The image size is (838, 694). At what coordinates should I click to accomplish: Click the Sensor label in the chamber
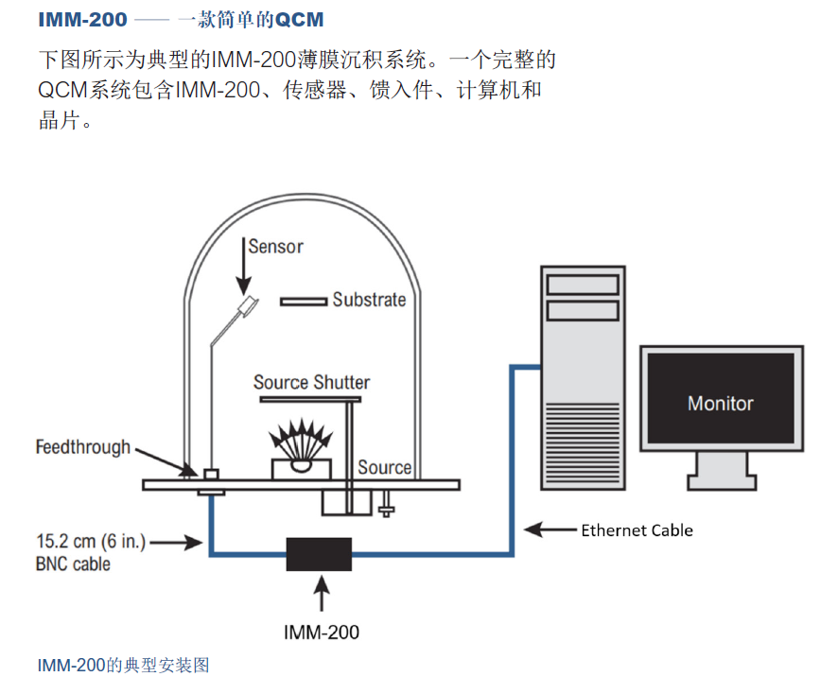pos(276,247)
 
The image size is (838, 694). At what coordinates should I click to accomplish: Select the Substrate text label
pos(369,300)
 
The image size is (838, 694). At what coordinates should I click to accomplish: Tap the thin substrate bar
pos(303,302)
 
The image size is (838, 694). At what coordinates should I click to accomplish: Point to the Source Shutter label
pos(311,383)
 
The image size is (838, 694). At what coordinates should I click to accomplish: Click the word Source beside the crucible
pos(384,467)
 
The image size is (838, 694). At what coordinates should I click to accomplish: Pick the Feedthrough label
pos(83,446)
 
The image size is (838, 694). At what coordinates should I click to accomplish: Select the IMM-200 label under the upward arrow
pos(322,633)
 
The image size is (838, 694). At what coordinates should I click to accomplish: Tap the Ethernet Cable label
pos(637,530)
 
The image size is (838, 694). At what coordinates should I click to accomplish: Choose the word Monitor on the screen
pos(721,404)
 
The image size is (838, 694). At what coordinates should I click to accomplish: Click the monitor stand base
pos(721,482)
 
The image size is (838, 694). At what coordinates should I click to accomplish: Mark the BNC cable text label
pos(73,564)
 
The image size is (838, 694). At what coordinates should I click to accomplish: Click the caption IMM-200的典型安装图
pos(123,666)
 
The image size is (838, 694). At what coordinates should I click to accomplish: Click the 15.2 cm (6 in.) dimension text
pos(89,543)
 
